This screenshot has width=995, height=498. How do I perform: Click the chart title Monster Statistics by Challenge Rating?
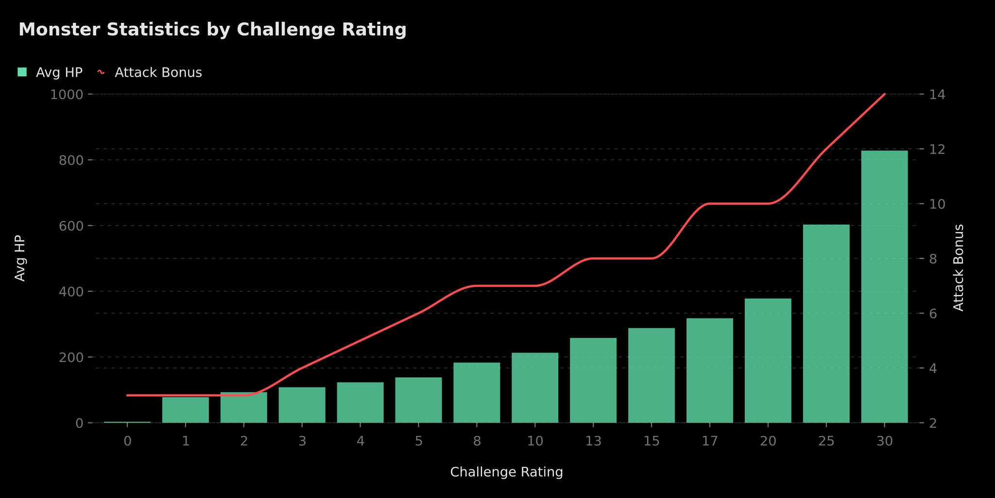(x=212, y=30)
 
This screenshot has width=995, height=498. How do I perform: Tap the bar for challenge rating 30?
(x=884, y=287)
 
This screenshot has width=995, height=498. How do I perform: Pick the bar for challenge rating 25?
(x=826, y=324)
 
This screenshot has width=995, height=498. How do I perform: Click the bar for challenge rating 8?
(x=477, y=393)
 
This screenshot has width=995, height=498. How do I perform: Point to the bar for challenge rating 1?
(x=186, y=410)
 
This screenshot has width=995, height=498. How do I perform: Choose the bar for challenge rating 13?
(x=593, y=380)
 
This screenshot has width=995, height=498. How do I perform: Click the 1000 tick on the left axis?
(x=66, y=94)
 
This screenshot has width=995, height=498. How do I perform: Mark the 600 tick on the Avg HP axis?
(x=70, y=226)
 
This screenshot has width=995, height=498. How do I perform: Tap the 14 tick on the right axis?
(x=937, y=94)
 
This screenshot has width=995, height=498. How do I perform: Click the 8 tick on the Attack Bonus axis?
(x=933, y=259)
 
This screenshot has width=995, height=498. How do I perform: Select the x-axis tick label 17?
(x=710, y=442)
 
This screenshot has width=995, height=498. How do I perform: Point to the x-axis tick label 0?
(x=127, y=442)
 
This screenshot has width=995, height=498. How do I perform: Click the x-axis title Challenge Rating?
(x=506, y=472)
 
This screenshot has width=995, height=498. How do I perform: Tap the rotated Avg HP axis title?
(x=20, y=258)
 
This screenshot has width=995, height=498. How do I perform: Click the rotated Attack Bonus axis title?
(x=958, y=267)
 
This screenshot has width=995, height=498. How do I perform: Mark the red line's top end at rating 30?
(x=884, y=94)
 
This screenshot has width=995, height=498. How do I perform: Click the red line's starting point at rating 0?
(x=127, y=395)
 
